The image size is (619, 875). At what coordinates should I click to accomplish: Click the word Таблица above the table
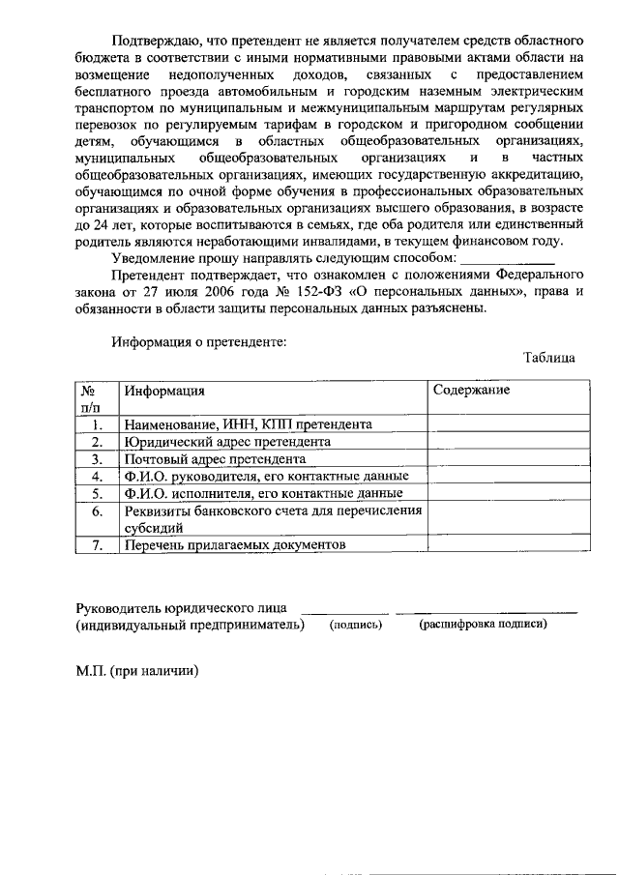549,358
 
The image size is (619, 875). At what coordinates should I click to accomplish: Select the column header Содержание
471,390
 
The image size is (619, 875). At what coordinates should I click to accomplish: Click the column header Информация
162,391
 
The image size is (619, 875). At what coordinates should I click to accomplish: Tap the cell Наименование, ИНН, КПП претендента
247,423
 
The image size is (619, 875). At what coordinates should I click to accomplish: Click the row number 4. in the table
97,476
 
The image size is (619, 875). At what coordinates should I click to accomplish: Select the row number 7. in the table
97,545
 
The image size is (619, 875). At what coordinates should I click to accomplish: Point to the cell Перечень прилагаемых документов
233,545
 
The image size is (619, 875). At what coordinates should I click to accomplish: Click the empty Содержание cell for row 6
508,519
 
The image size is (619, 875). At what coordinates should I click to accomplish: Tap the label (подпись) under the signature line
356,625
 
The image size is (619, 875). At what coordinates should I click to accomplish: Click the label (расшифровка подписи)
483,625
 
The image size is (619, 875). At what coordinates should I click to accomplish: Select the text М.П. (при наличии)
137,670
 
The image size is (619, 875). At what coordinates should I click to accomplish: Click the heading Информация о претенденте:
198,340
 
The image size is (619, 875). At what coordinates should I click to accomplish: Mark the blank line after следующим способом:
506,258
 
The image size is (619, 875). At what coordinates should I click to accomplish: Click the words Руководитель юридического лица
181,607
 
